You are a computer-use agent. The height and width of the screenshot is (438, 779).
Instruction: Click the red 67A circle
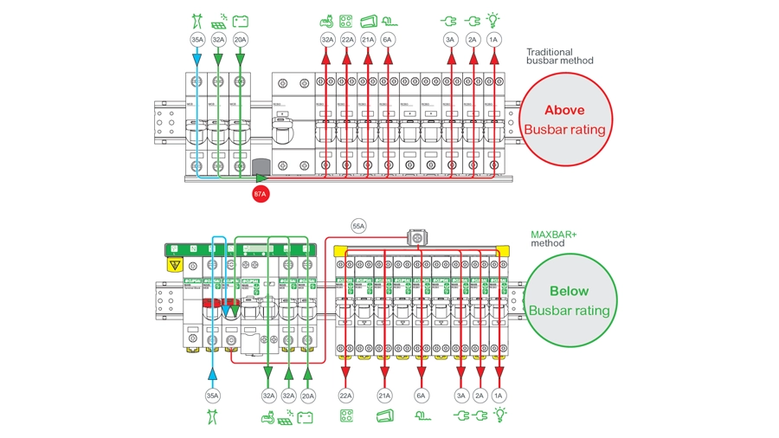261,194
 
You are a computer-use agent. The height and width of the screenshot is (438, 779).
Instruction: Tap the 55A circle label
358,226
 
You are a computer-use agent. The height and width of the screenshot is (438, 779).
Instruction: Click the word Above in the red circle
564,110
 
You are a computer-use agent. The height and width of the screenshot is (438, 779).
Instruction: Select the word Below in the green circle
569,291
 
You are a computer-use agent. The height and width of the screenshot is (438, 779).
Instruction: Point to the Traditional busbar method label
560,56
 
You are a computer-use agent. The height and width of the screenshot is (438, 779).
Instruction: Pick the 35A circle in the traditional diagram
197,40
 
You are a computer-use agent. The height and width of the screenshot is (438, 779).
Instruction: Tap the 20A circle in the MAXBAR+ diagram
307,395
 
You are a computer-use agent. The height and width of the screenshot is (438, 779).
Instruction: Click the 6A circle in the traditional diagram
388,40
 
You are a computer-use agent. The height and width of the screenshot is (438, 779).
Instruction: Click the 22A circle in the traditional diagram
347,40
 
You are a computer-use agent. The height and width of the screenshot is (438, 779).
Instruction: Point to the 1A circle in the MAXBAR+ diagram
498,395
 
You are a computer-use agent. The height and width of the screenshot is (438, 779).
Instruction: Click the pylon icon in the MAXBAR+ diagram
212,416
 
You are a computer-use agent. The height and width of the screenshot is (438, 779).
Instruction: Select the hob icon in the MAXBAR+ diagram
346,415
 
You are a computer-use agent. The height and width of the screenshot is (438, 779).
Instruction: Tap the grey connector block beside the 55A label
419,237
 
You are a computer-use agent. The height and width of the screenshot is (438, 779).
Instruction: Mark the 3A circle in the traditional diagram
450,40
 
